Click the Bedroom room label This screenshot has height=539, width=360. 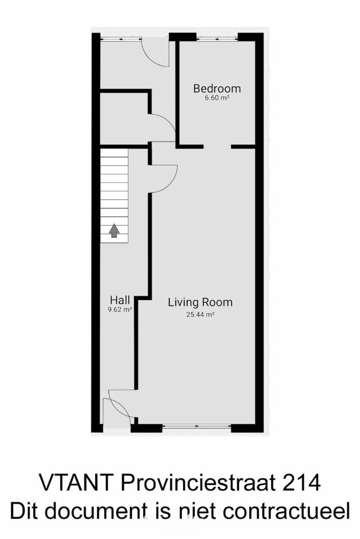[217, 88]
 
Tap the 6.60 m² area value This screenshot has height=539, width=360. [217, 98]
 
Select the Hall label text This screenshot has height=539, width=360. [120, 300]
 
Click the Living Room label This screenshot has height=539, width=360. [200, 303]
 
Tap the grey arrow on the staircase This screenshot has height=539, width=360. [114, 230]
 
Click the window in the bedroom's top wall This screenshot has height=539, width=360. [217, 39]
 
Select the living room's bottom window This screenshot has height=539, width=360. [197, 426]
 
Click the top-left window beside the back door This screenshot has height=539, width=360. [121, 39]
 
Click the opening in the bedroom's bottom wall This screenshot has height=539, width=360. [217, 146]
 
